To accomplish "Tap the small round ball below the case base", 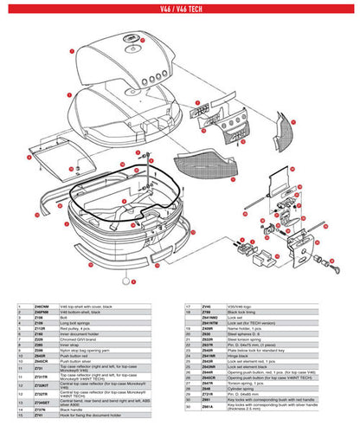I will [125, 281].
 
